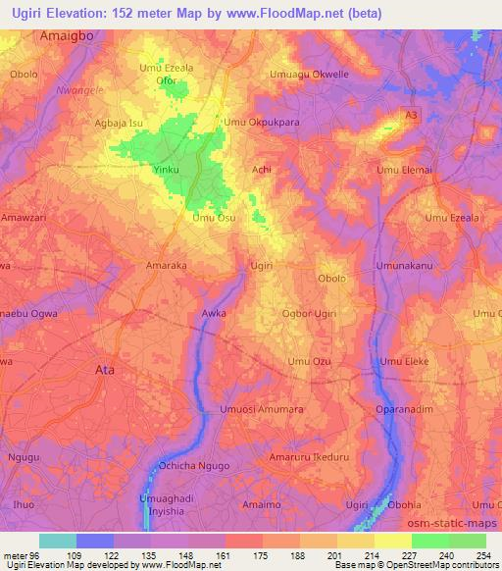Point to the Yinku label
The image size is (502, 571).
[166, 170]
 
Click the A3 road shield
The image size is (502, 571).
[413, 116]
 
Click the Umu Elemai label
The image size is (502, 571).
[404, 170]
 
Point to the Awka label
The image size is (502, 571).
[214, 314]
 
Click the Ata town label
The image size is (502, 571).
[103, 370]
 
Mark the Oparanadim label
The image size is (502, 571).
[405, 408]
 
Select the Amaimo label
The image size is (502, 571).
[261, 504]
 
